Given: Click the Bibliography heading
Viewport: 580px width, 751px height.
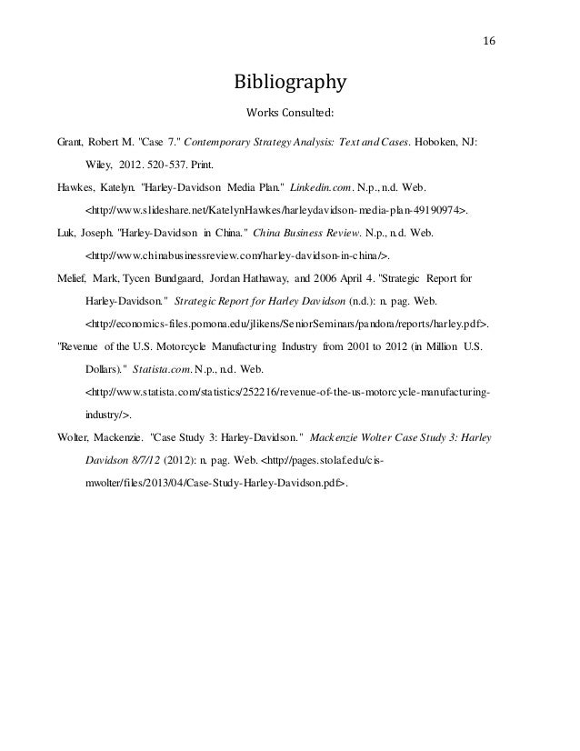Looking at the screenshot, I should (290, 85).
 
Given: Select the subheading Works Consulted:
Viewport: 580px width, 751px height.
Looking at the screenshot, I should (290, 115).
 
